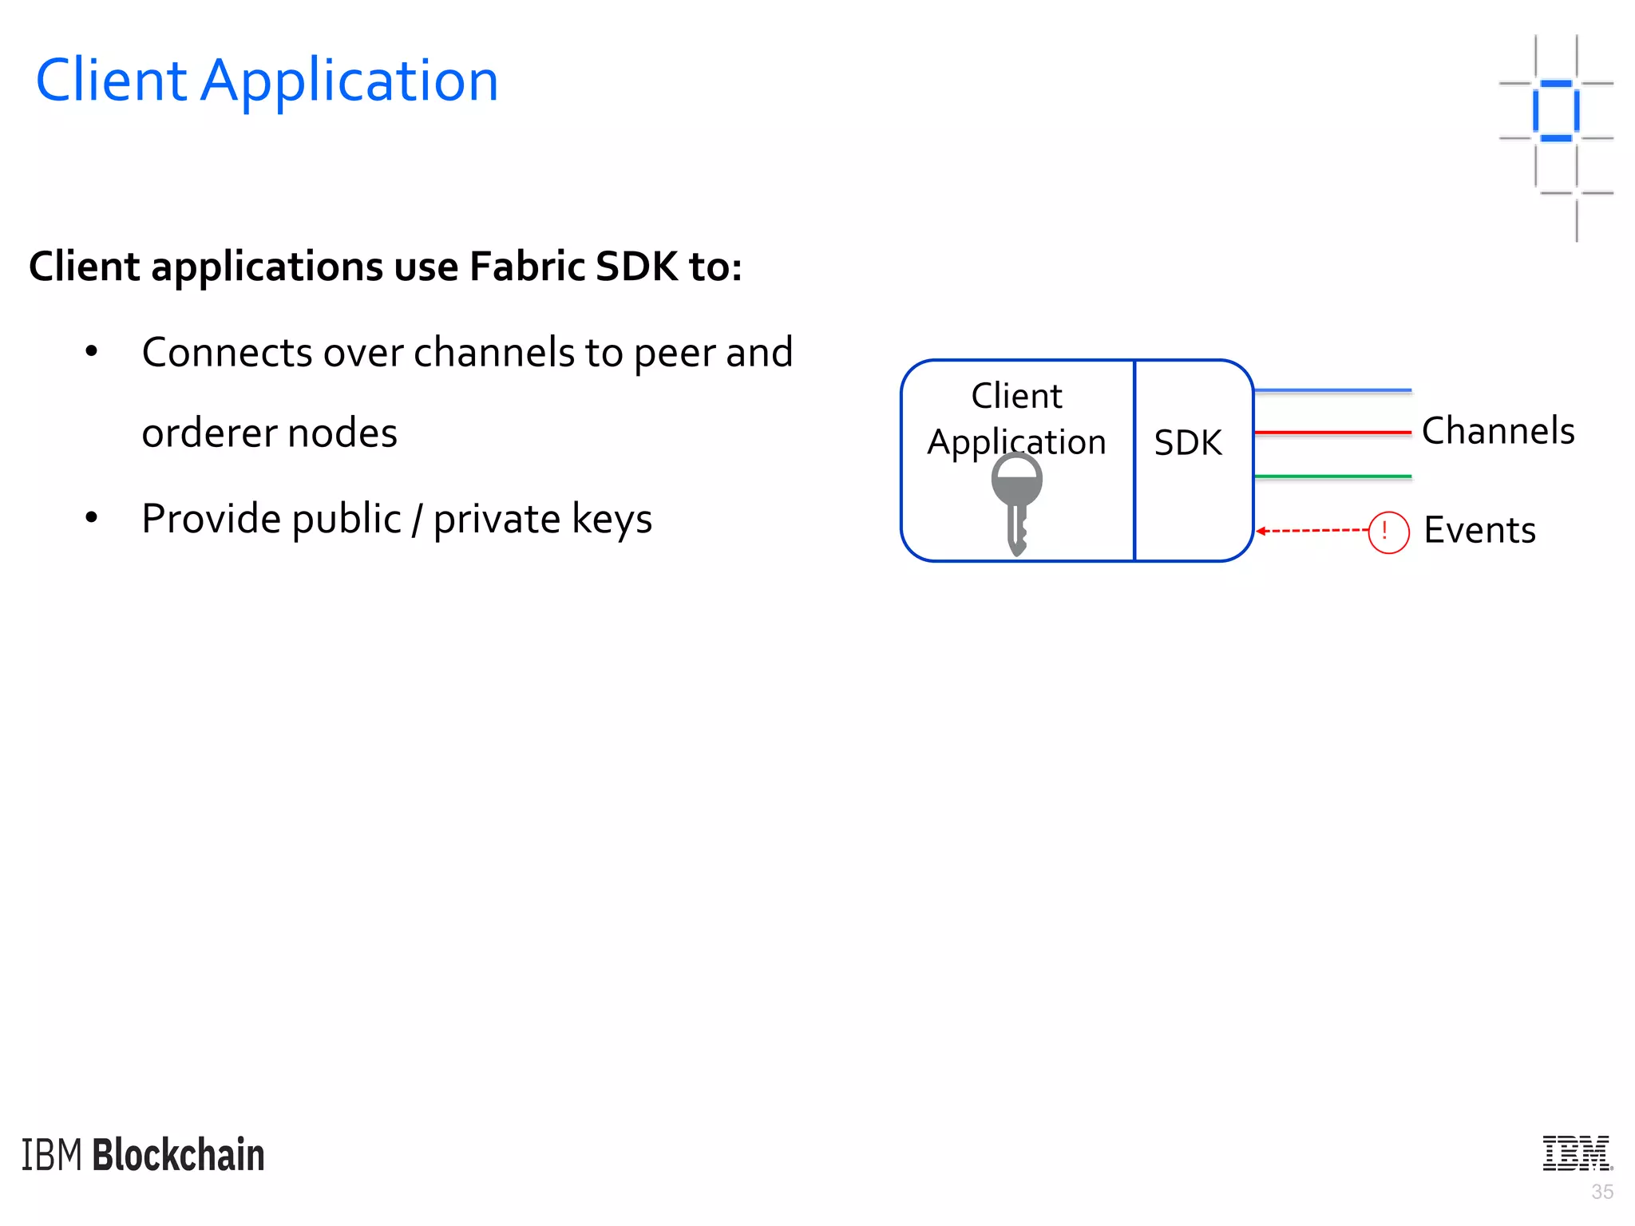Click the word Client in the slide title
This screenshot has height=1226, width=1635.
[x=111, y=81]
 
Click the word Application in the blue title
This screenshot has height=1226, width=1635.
[x=349, y=82]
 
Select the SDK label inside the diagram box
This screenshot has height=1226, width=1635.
[x=1187, y=442]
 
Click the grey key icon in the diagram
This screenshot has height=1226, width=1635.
[x=1016, y=499]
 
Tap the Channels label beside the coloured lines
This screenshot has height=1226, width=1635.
[x=1498, y=431]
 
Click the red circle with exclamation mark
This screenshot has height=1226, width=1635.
[x=1388, y=532]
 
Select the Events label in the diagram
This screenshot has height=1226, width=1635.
[x=1479, y=530]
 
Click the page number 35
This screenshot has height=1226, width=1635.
[x=1601, y=1192]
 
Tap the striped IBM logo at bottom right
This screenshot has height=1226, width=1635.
[x=1577, y=1153]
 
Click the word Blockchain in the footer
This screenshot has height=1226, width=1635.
[x=178, y=1155]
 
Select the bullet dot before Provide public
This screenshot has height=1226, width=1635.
[x=92, y=518]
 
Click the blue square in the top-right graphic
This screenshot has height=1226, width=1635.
[x=1556, y=111]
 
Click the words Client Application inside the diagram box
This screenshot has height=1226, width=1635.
[x=1016, y=419]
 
